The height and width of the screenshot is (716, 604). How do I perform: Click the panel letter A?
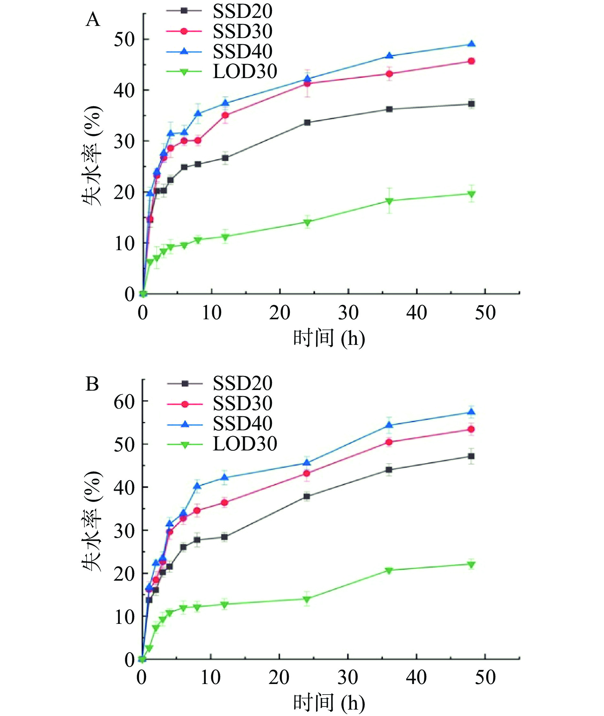(x=93, y=20)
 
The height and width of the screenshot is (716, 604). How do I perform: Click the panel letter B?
(x=92, y=384)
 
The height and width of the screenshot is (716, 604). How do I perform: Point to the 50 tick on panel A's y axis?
(x=124, y=39)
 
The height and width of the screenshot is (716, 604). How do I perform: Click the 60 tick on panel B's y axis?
(x=124, y=402)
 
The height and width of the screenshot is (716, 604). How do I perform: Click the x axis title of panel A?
(x=329, y=338)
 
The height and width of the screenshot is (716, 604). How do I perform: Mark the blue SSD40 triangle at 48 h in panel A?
(x=471, y=44)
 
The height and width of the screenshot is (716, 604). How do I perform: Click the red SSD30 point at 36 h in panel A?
(x=389, y=74)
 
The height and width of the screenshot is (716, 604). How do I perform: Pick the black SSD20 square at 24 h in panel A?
(x=307, y=122)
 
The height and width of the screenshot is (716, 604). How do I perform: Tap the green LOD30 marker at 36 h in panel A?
(x=389, y=201)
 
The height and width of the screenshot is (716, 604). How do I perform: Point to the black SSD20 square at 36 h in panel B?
(x=389, y=470)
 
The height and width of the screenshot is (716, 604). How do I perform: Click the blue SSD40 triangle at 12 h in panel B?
(x=225, y=477)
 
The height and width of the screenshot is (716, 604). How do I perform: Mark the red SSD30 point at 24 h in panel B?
(x=307, y=473)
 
